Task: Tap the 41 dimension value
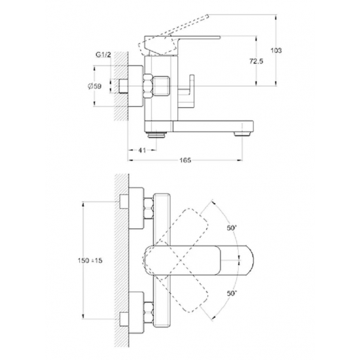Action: (140, 150)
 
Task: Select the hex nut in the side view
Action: (147, 85)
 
